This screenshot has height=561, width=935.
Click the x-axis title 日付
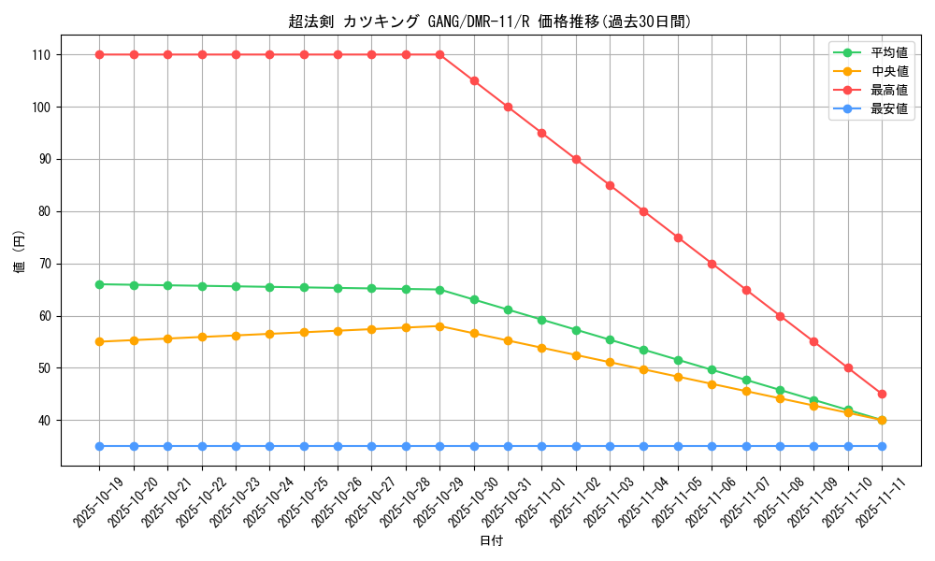pos(491,541)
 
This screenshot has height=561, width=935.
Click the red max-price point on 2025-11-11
pos(882,394)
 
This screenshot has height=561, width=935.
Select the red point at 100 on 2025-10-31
pos(508,107)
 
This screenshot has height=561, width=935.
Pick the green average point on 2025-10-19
pos(100,284)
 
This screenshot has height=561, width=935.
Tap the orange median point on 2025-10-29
pos(439,326)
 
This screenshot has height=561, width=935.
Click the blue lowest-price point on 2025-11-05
pos(678,446)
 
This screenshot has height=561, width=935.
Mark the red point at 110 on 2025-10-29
pos(439,54)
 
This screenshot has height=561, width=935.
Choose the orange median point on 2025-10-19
pos(100,341)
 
